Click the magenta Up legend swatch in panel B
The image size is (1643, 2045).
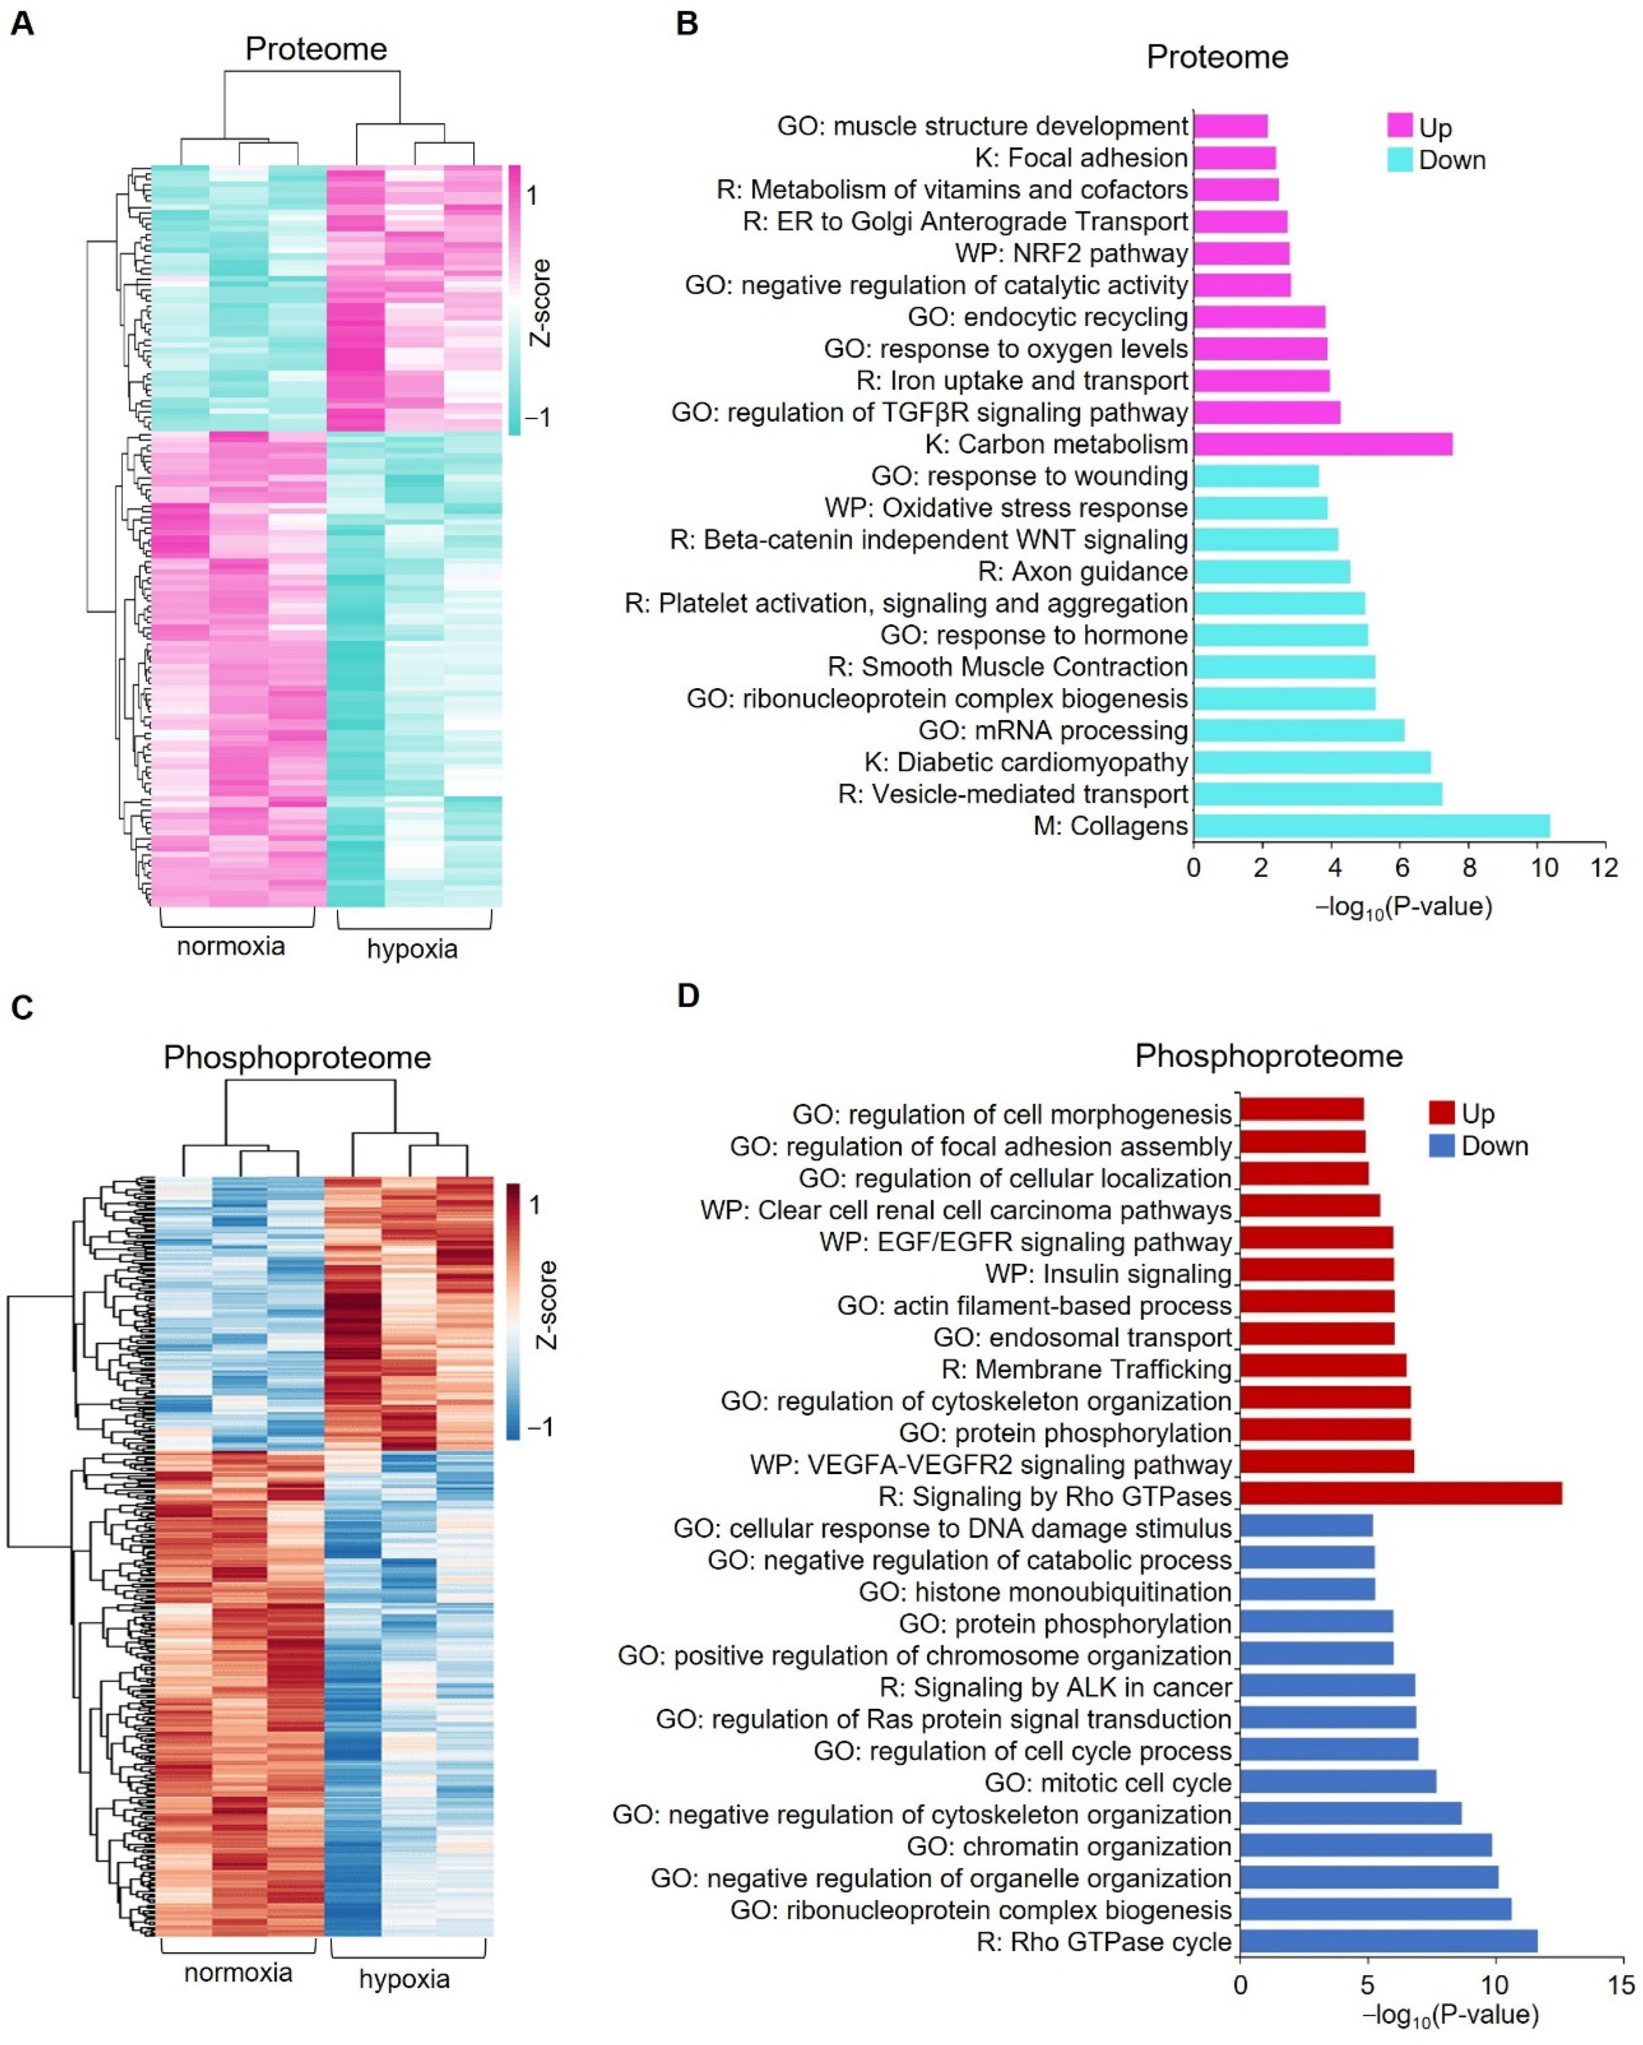pos(1399,126)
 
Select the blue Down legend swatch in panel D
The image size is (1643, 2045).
pos(1441,1146)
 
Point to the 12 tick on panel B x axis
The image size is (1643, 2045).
pos(1604,868)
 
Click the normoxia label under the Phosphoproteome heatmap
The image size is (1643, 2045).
pos(237,1973)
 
